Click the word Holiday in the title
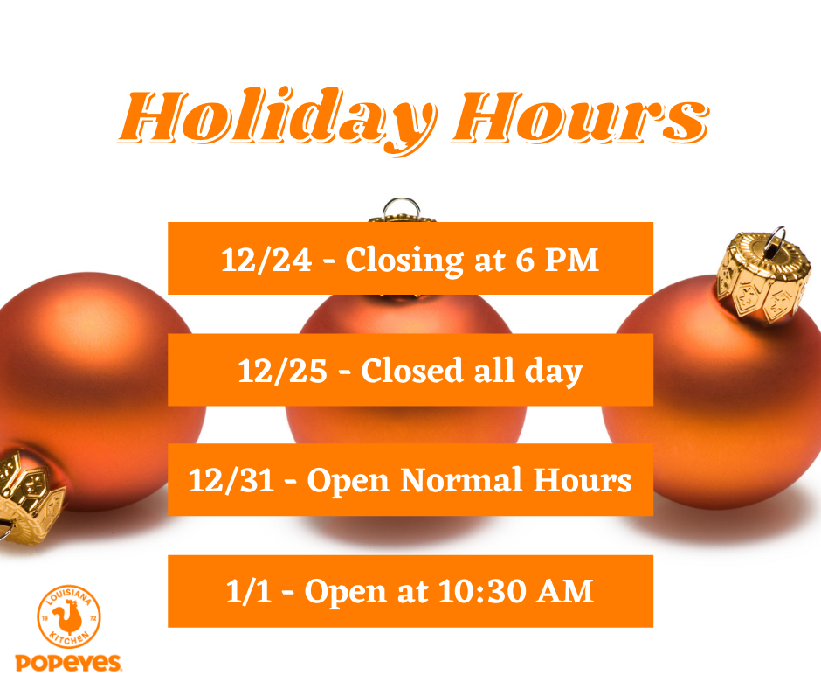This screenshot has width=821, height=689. click(x=278, y=120)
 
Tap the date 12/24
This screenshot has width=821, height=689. click(x=266, y=260)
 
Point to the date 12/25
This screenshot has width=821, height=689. click(x=283, y=372)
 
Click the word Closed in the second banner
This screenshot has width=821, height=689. click(x=412, y=370)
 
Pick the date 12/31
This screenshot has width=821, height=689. click(x=231, y=480)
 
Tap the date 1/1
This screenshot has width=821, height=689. click(x=249, y=591)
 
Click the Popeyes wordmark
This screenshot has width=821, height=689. click(x=68, y=663)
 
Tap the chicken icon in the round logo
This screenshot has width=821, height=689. click(x=68, y=617)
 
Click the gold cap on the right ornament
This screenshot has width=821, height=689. click(x=763, y=278)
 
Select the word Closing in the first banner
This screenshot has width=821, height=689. click(x=404, y=261)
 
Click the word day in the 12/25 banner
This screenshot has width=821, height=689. click(x=554, y=372)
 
